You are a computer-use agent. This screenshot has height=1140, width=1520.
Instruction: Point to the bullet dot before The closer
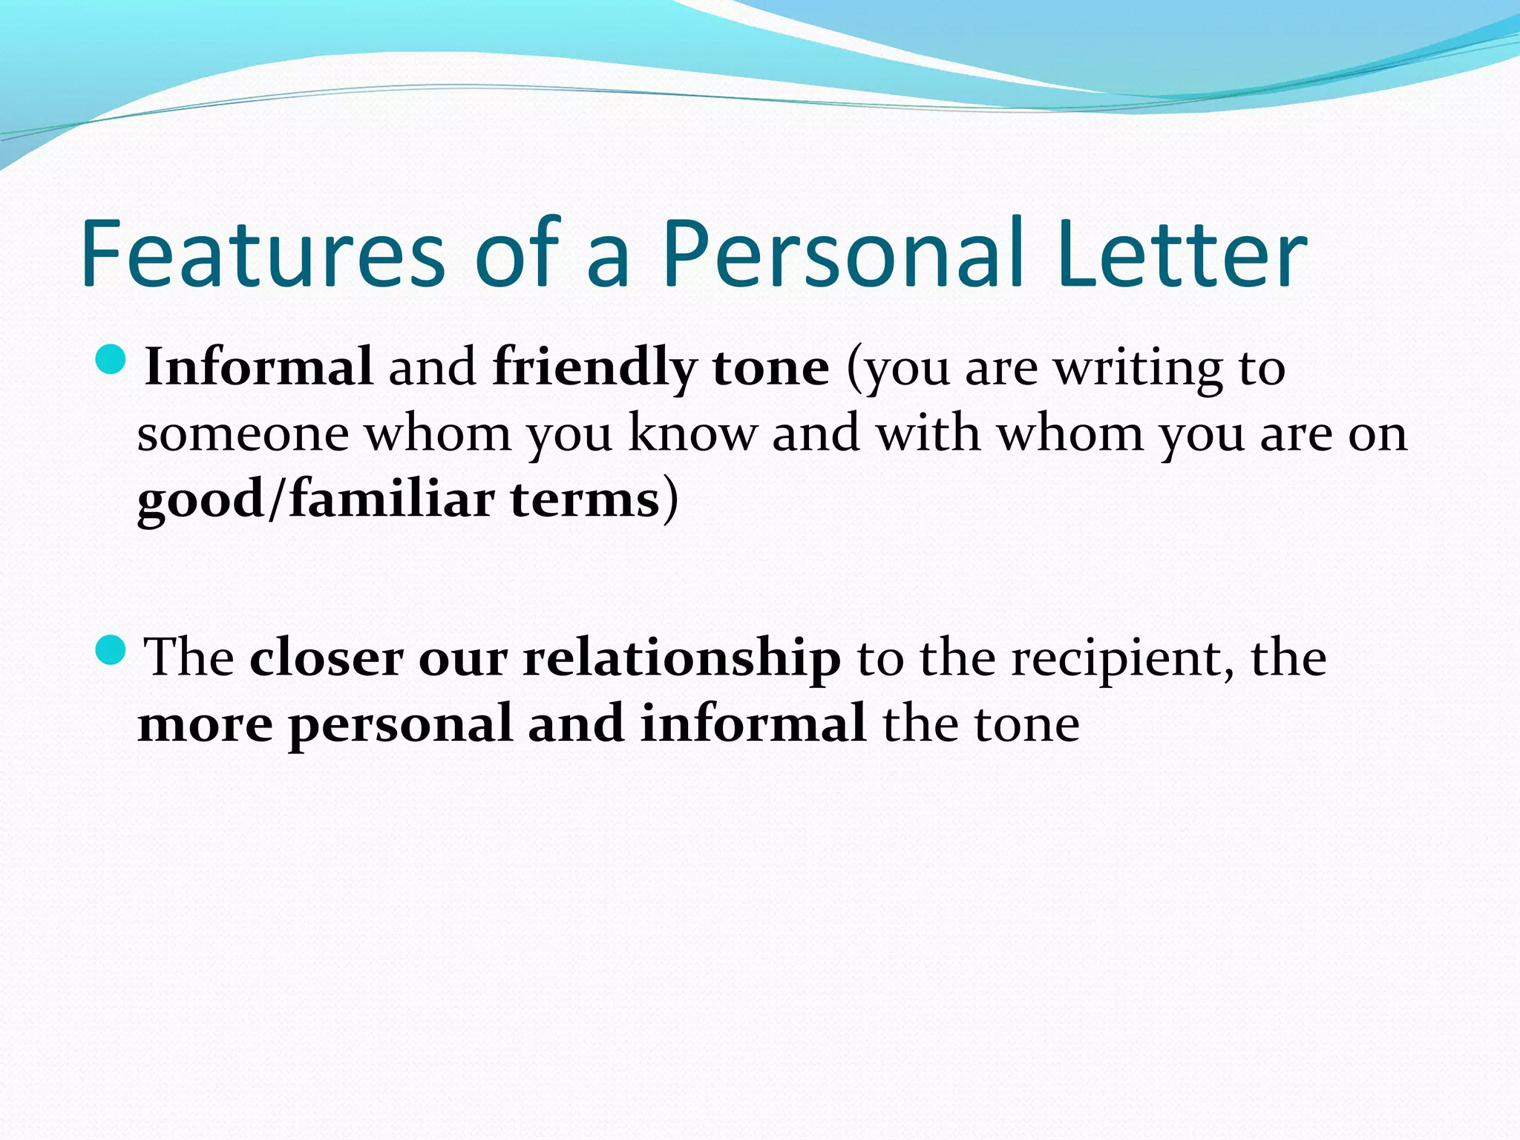113,650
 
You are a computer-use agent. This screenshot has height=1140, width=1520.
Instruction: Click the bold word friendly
594,368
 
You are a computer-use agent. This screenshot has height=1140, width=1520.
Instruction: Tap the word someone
243,433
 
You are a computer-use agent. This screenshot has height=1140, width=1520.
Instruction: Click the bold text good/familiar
315,499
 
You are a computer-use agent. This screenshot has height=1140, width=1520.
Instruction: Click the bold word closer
326,658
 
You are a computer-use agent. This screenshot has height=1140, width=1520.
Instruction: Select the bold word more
205,724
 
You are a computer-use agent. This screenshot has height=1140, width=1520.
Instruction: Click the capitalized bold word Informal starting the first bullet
258,367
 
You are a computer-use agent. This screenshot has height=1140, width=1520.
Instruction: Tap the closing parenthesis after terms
670,499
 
